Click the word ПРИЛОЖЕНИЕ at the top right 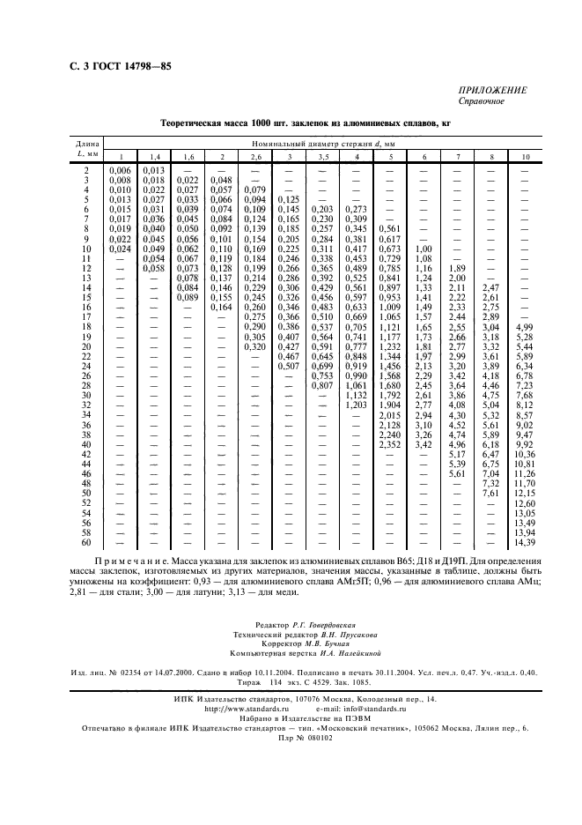pyautogui.click(x=492, y=90)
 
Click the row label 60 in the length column pyautogui.click(x=86, y=543)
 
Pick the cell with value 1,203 pyautogui.click(x=356, y=405)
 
